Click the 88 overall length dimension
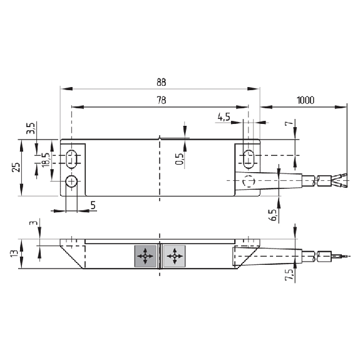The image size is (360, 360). [x=161, y=82]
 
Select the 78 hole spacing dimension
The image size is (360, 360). [x=161, y=100]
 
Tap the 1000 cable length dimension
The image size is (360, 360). [x=306, y=100]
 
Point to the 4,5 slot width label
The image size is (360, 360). [x=224, y=117]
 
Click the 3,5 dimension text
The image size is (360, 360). [x=31, y=128]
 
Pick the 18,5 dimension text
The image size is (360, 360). [x=46, y=160]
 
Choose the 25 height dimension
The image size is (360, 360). [x=16, y=167]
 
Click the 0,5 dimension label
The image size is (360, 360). [x=180, y=158]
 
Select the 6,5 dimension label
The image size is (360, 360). [x=274, y=215]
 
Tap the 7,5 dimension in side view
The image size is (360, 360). [x=289, y=275]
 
